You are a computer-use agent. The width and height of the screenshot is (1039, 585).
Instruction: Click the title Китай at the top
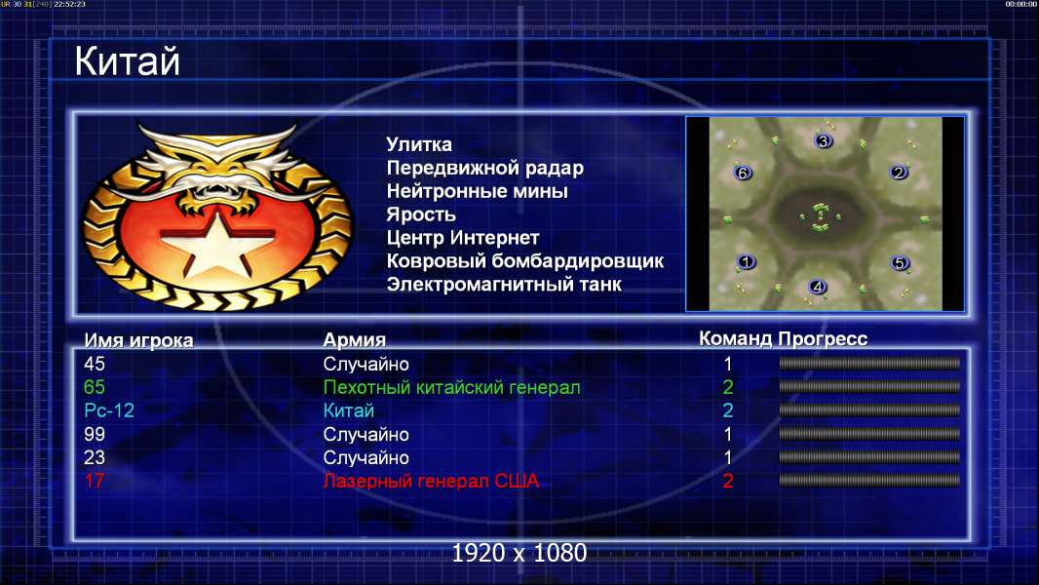coord(127,61)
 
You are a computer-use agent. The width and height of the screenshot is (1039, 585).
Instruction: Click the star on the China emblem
coord(217,243)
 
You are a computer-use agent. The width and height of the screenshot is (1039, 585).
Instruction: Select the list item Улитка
coord(419,144)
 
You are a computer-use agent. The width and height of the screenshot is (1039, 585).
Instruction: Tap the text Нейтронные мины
coord(477,191)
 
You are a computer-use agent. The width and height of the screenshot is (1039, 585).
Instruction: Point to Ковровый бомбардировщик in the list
coord(524,261)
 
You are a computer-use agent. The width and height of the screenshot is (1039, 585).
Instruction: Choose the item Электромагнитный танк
coord(504,285)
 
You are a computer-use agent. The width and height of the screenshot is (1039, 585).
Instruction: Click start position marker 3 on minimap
coord(823,140)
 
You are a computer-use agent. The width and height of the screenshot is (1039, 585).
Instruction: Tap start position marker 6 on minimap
coord(743,173)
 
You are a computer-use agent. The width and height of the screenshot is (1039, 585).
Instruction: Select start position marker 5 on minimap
coord(900,263)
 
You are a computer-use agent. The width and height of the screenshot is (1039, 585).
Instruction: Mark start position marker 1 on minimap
coord(747,261)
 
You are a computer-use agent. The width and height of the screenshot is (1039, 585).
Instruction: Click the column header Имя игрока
coord(138,340)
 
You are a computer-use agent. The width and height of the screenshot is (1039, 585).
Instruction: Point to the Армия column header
coord(355,340)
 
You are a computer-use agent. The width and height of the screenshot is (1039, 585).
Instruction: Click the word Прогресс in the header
coord(823,339)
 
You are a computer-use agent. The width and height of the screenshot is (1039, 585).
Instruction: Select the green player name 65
coord(95,387)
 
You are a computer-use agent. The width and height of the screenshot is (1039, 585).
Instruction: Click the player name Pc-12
coord(109,410)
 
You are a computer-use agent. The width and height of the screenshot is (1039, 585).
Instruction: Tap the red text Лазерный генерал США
coord(431,481)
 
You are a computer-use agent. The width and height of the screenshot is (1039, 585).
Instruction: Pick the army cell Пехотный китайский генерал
coord(451,387)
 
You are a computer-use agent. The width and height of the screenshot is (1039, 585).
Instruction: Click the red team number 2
coord(727,481)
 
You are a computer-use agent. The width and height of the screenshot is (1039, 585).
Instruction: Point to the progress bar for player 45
coord(869,363)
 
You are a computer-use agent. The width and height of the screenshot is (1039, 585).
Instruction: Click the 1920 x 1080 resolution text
coord(519,553)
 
